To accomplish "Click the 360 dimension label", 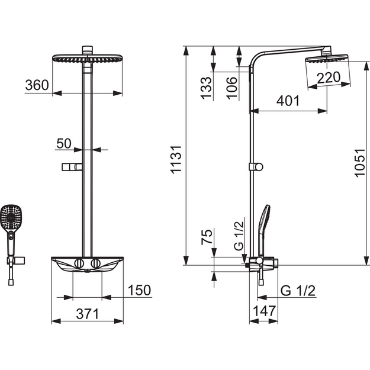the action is tap(37, 85).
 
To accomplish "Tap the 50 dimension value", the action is tap(64, 143).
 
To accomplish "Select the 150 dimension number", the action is tap(139, 290).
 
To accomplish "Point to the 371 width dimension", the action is tap(87, 314).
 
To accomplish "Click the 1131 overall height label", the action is tap(176, 160).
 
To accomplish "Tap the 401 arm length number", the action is tap(288, 101).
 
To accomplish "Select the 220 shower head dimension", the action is tap(329, 78).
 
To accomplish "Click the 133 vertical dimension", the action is tap(206, 88).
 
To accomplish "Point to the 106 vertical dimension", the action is tap(231, 88).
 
